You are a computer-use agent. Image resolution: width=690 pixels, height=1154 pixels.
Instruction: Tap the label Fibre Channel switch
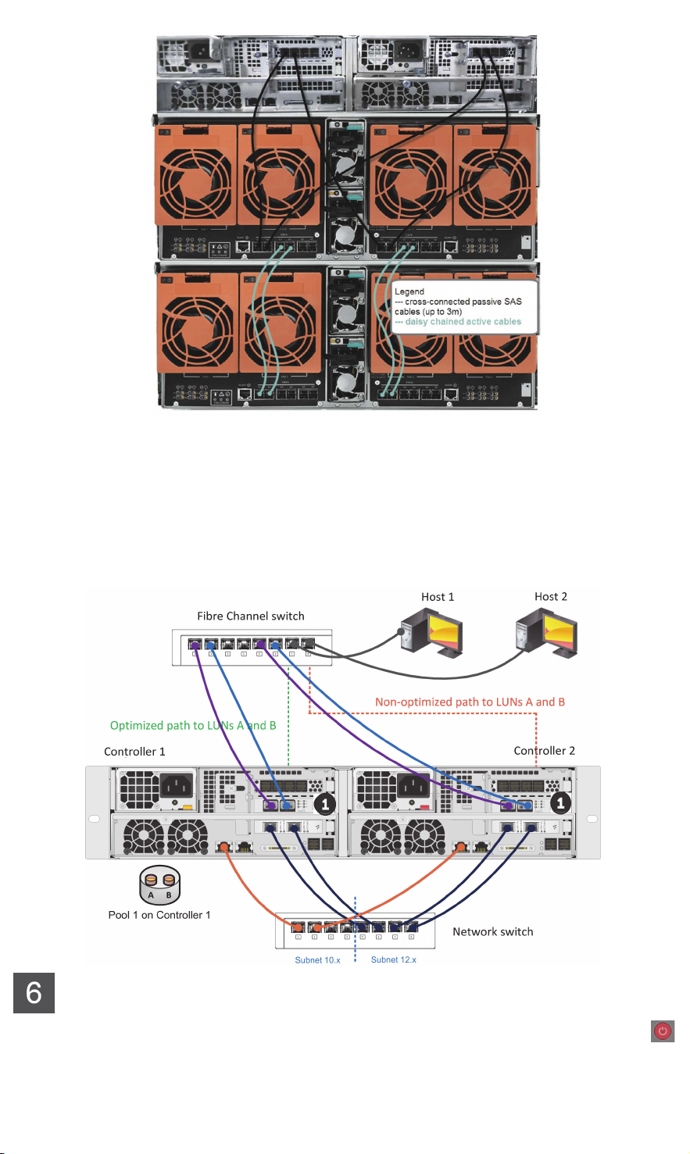(250, 616)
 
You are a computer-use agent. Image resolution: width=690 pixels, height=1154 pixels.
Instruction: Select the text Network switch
(492, 931)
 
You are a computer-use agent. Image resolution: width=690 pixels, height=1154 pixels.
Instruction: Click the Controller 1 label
(134, 752)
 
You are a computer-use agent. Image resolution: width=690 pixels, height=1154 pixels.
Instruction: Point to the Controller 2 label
(544, 751)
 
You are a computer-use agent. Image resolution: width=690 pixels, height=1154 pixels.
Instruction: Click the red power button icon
(663, 1031)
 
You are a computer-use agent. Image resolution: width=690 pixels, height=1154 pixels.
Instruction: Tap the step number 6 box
(34, 992)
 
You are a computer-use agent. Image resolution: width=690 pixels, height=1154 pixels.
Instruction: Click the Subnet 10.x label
(317, 960)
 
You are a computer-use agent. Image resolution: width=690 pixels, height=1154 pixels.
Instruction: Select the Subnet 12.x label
(393, 959)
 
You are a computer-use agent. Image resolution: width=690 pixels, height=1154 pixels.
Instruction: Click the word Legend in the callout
(409, 291)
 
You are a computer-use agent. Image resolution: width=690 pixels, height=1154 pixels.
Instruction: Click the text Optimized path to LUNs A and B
(193, 725)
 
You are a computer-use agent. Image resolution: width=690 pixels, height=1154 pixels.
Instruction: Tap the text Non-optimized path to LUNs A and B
(470, 702)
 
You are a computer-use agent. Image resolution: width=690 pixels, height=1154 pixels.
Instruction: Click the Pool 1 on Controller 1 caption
(159, 915)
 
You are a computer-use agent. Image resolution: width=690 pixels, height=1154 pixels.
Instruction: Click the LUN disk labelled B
(169, 881)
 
